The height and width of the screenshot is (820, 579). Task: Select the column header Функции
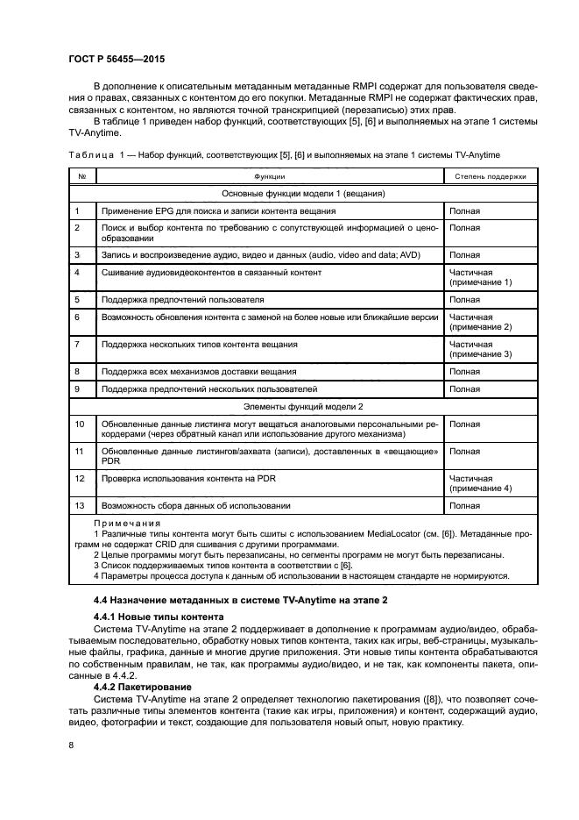(x=269, y=176)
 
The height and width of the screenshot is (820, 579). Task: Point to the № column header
(x=81, y=176)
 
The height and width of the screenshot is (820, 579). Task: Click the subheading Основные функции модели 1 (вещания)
(x=303, y=194)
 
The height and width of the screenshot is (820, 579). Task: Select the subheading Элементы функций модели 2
(x=303, y=407)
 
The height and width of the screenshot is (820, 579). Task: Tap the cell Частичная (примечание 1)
(x=480, y=278)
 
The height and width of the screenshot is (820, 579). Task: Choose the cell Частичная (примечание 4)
(x=480, y=483)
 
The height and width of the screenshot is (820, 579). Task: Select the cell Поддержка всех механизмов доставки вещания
(x=199, y=372)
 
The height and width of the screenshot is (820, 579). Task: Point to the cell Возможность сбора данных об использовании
(x=196, y=506)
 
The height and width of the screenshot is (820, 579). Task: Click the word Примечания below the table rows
(x=120, y=524)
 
